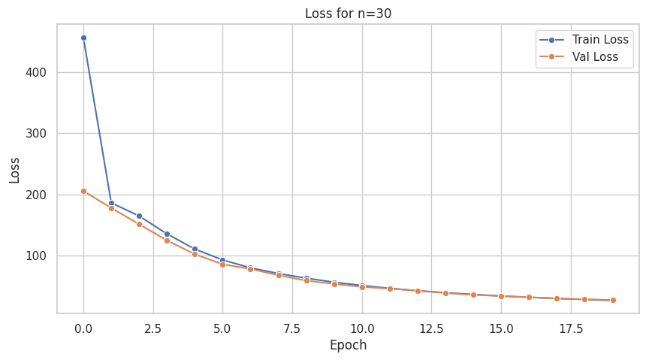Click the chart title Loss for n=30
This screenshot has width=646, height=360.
tap(348, 13)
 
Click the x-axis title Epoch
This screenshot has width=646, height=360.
tap(348, 346)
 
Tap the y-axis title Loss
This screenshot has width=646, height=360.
tap(15, 170)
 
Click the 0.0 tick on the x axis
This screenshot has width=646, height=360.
tap(83, 329)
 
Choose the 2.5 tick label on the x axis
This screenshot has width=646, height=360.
tap(153, 329)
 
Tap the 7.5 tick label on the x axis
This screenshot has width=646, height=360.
tap(292, 329)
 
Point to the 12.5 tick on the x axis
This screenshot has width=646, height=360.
tap(431, 329)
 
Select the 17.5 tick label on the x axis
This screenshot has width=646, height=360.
tap(571, 329)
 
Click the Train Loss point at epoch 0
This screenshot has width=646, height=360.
tap(83, 38)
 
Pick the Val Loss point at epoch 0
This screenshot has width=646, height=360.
tap(83, 191)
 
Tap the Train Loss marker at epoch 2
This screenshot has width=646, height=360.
tap(139, 216)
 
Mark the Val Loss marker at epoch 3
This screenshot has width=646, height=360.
tap(167, 241)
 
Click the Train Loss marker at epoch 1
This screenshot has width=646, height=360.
tap(111, 203)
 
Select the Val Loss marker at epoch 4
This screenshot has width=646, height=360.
tap(195, 254)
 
